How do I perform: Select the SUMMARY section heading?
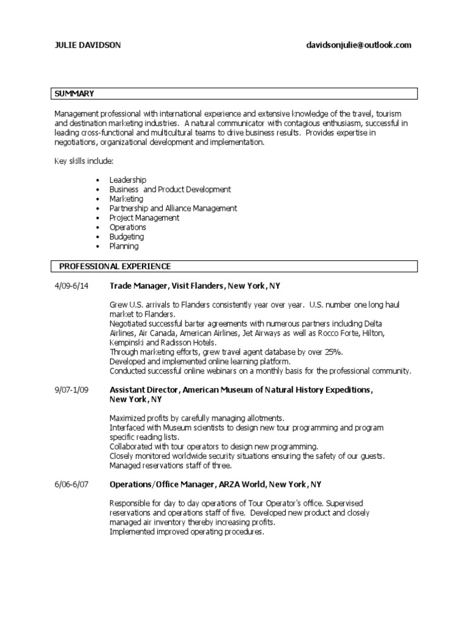click(74, 93)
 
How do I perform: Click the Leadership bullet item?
click(127, 180)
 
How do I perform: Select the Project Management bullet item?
click(144, 218)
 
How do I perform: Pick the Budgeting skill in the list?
click(127, 236)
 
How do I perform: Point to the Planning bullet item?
click(124, 246)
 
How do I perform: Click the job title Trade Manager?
click(138, 285)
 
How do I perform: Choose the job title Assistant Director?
click(144, 389)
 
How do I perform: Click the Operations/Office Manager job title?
click(161, 484)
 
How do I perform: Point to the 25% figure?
click(333, 352)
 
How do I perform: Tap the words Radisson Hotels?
click(175, 342)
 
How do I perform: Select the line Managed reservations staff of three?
click(171, 466)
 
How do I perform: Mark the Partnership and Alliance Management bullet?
click(173, 208)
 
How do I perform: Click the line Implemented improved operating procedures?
click(187, 531)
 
